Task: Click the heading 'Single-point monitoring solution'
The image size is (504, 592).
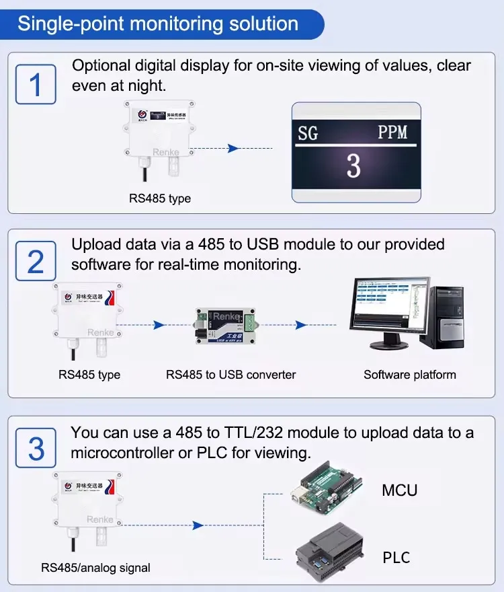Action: pyautogui.click(x=158, y=24)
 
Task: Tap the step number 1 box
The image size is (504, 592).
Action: pyautogui.click(x=36, y=85)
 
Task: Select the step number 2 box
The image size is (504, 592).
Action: pyautogui.click(x=36, y=262)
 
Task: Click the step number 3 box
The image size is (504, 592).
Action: pyautogui.click(x=36, y=448)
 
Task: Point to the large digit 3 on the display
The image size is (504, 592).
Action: pyautogui.click(x=353, y=165)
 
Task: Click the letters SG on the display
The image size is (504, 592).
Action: pyautogui.click(x=308, y=133)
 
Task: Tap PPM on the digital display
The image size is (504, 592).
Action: pyautogui.click(x=392, y=132)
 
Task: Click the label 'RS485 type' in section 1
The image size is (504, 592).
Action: pyautogui.click(x=160, y=198)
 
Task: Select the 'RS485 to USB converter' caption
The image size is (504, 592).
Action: pyautogui.click(x=230, y=375)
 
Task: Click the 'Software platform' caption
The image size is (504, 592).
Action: pyautogui.click(x=409, y=375)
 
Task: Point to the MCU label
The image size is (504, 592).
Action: pyautogui.click(x=399, y=490)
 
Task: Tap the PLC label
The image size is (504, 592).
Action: pyautogui.click(x=396, y=558)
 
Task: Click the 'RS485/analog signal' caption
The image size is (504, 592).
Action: pyautogui.click(x=95, y=568)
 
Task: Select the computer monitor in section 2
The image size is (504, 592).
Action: pyautogui.click(x=388, y=309)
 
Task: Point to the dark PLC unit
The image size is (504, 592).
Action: pyautogui.click(x=329, y=553)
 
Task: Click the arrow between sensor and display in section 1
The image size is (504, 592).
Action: pyautogui.click(x=233, y=148)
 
